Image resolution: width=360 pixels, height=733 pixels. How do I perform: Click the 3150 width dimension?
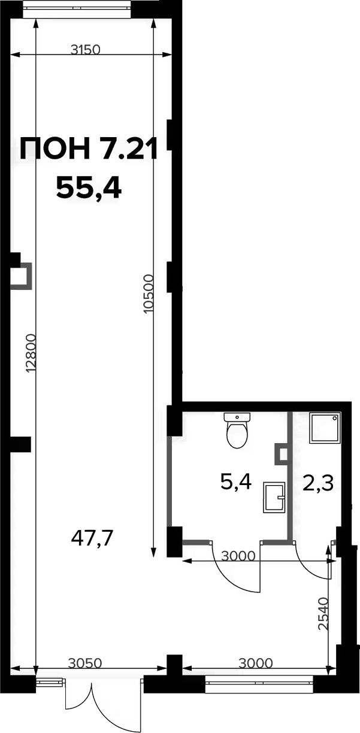click(x=85, y=50)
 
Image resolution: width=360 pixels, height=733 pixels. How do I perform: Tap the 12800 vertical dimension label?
click(x=32, y=353)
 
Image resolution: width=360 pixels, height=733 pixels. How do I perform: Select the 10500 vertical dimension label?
click(x=149, y=294)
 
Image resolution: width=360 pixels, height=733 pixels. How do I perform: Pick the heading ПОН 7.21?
click(x=89, y=149)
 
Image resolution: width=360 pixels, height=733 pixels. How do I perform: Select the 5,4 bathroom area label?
click(x=236, y=481)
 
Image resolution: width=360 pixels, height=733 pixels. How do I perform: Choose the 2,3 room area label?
click(x=318, y=483)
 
